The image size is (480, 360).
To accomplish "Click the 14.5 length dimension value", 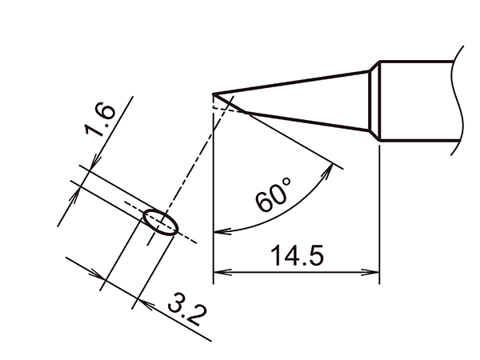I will click(295, 257).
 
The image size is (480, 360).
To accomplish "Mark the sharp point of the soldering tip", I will click(214, 96).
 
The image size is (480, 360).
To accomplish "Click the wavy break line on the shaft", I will click(458, 100).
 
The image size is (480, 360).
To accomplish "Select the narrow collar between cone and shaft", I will click(374, 102).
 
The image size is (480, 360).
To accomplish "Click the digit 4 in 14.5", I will click(290, 257).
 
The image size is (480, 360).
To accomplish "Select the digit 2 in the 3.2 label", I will click(193, 315).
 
